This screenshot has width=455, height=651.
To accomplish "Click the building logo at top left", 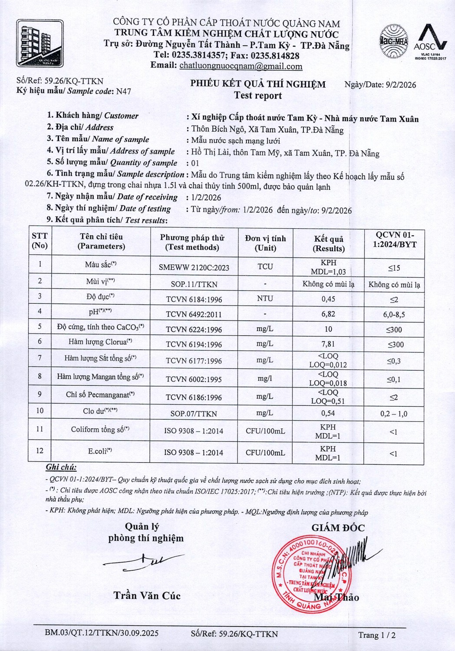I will click(40, 43).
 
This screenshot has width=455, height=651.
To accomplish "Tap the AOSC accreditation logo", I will click(430, 43).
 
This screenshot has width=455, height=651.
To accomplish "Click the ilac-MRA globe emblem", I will click(394, 42).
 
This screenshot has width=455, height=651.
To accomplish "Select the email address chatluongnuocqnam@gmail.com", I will click(241, 66).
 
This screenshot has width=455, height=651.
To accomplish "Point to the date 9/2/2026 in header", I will click(401, 85).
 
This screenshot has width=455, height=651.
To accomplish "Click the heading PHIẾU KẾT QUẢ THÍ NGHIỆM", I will click(258, 84).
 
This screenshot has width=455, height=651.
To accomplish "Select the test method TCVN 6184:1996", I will click(194, 299).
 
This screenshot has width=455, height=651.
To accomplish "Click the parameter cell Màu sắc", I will click(100, 264).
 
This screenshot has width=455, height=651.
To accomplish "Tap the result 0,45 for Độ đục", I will click(328, 299).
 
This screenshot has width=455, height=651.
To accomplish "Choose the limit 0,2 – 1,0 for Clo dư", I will click(394, 414).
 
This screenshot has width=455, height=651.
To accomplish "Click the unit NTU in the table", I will click(265, 299).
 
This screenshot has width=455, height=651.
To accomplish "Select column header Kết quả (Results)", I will click(329, 244).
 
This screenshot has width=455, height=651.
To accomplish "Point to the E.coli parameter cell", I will click(99, 451).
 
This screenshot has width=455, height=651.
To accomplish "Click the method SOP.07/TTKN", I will click(194, 414).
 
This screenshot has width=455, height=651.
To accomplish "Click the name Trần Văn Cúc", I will click(147, 595).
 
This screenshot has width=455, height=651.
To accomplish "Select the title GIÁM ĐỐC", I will click(338, 528).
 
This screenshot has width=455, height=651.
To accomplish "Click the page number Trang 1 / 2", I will click(377, 635).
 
